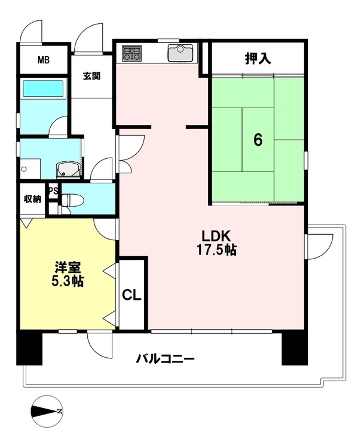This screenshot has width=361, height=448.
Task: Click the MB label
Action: pos(44,60)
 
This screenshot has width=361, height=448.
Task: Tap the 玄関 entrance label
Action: pos(92,76)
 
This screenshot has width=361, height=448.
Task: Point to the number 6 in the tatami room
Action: pos(258,140)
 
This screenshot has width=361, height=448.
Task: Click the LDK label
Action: pos(216,237)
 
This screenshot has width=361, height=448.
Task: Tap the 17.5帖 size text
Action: pos(216,250)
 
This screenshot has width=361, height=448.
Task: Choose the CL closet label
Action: pos(131,295)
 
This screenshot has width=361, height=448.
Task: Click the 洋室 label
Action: pos(68,268)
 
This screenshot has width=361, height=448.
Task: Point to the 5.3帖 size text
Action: pos(68,281)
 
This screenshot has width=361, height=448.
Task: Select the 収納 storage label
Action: pos(33,199)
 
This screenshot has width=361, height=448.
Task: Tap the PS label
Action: pos(53,191)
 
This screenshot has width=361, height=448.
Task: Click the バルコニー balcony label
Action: pos(165,358)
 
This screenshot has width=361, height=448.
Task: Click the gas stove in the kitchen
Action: pos(132,53)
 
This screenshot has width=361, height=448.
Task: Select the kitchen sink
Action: pos(180,53)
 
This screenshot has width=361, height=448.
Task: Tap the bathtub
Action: pos(43,88)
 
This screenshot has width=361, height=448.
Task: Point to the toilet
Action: pos(72,200)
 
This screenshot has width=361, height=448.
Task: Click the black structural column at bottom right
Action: pos(295,349)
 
